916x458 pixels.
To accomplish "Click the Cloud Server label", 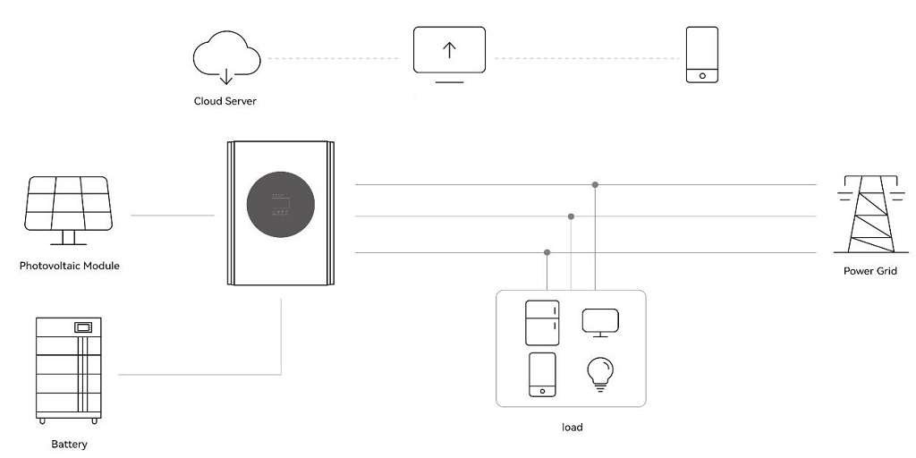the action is tap(225, 101).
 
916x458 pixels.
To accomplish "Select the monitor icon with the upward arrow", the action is tap(449, 55).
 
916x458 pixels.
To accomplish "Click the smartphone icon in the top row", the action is tap(701, 55).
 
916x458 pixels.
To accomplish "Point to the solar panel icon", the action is tap(68, 210).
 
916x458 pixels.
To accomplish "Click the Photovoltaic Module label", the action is tap(70, 266).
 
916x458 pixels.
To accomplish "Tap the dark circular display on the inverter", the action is tap(280, 205).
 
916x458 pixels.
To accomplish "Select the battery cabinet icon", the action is tap(68, 370).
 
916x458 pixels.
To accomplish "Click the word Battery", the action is tap(70, 444).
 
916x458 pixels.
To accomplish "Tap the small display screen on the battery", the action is tap(83, 327).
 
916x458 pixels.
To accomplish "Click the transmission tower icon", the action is tap(871, 214).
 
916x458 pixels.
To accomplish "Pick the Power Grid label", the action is tap(870, 271).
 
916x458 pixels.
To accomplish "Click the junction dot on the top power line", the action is tap(595, 184).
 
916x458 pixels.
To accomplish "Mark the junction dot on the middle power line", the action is tap(571, 216).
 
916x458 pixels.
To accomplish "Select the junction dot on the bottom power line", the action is tap(547, 252).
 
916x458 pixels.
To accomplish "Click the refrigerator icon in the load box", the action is tap(542, 323).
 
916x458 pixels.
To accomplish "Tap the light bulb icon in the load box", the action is tap(600, 374).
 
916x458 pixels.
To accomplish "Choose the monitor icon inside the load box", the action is tap(600, 323).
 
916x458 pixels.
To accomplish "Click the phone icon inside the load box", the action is tap(542, 375).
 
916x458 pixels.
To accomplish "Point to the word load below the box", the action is tap(572, 427).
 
